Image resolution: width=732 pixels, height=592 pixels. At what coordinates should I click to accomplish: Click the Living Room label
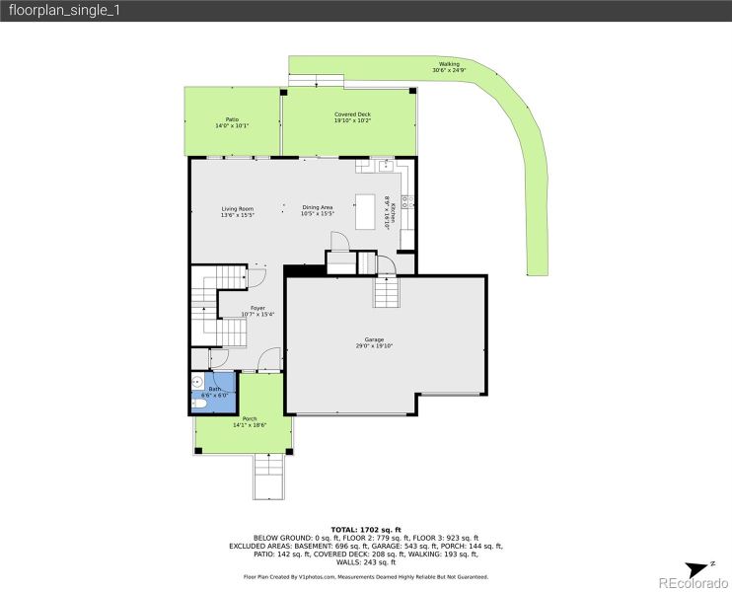click(x=237, y=208)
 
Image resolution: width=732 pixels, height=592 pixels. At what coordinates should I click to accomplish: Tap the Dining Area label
click(x=318, y=208)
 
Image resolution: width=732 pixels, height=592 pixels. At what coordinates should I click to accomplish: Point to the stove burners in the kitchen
click(x=407, y=202)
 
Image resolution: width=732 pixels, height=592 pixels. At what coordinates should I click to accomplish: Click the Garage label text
click(x=374, y=339)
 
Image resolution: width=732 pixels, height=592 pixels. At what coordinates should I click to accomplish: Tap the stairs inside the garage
click(x=385, y=292)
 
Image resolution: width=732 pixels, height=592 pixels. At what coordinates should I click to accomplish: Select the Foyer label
click(x=256, y=308)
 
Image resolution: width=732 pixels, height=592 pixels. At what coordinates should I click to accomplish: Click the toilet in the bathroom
click(x=200, y=403)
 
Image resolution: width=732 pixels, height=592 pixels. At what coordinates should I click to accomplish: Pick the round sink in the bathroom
click(x=198, y=381)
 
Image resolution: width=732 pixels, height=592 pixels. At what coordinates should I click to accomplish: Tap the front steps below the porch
click(x=270, y=476)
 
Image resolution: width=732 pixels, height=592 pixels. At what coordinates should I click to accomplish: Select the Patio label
click(x=232, y=120)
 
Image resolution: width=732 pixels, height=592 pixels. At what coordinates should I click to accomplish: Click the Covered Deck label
click(x=352, y=114)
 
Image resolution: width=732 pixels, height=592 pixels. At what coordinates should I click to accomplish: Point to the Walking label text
click(x=449, y=64)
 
